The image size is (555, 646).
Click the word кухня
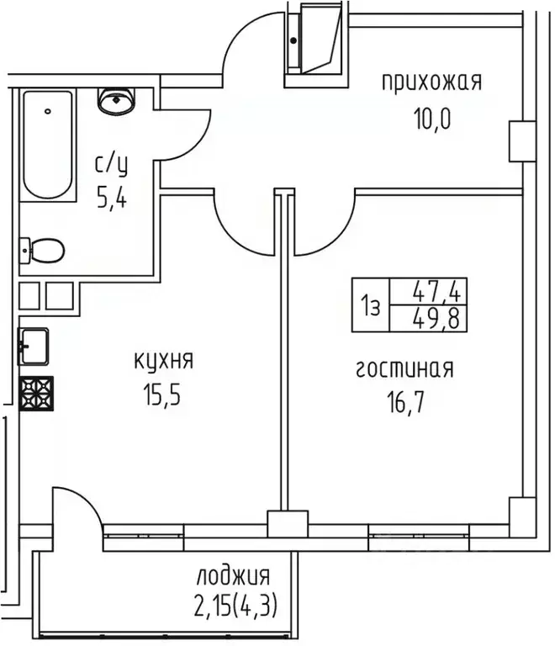click(x=164, y=361)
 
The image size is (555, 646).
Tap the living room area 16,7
click(x=405, y=401)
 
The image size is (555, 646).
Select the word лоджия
click(x=233, y=577)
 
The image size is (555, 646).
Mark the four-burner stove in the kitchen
click(x=36, y=393)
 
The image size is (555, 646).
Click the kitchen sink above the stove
click(x=36, y=344)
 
